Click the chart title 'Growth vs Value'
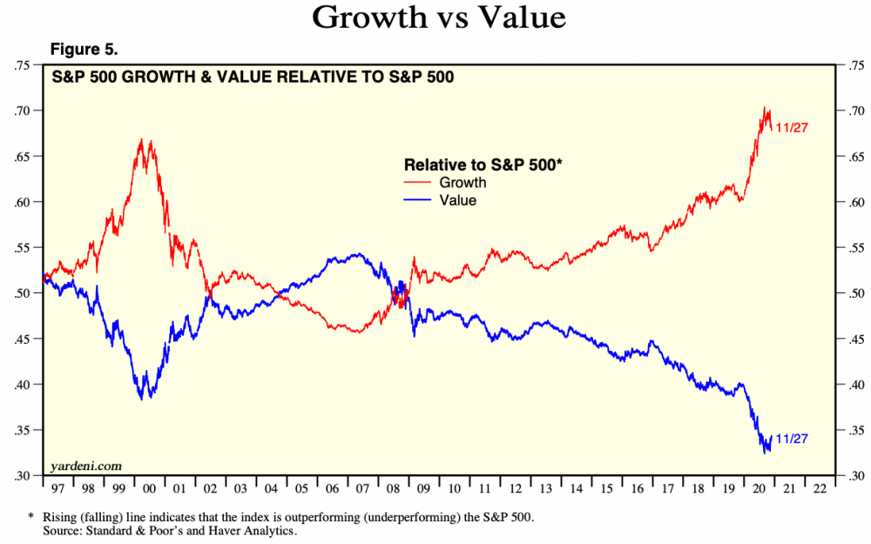pos(435,17)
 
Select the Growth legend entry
pos(463,183)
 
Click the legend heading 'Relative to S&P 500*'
pos(483,165)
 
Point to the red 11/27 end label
pos(792,128)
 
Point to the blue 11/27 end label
pos(792,439)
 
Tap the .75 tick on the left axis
pos(25,65)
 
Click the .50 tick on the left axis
pos(25,293)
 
